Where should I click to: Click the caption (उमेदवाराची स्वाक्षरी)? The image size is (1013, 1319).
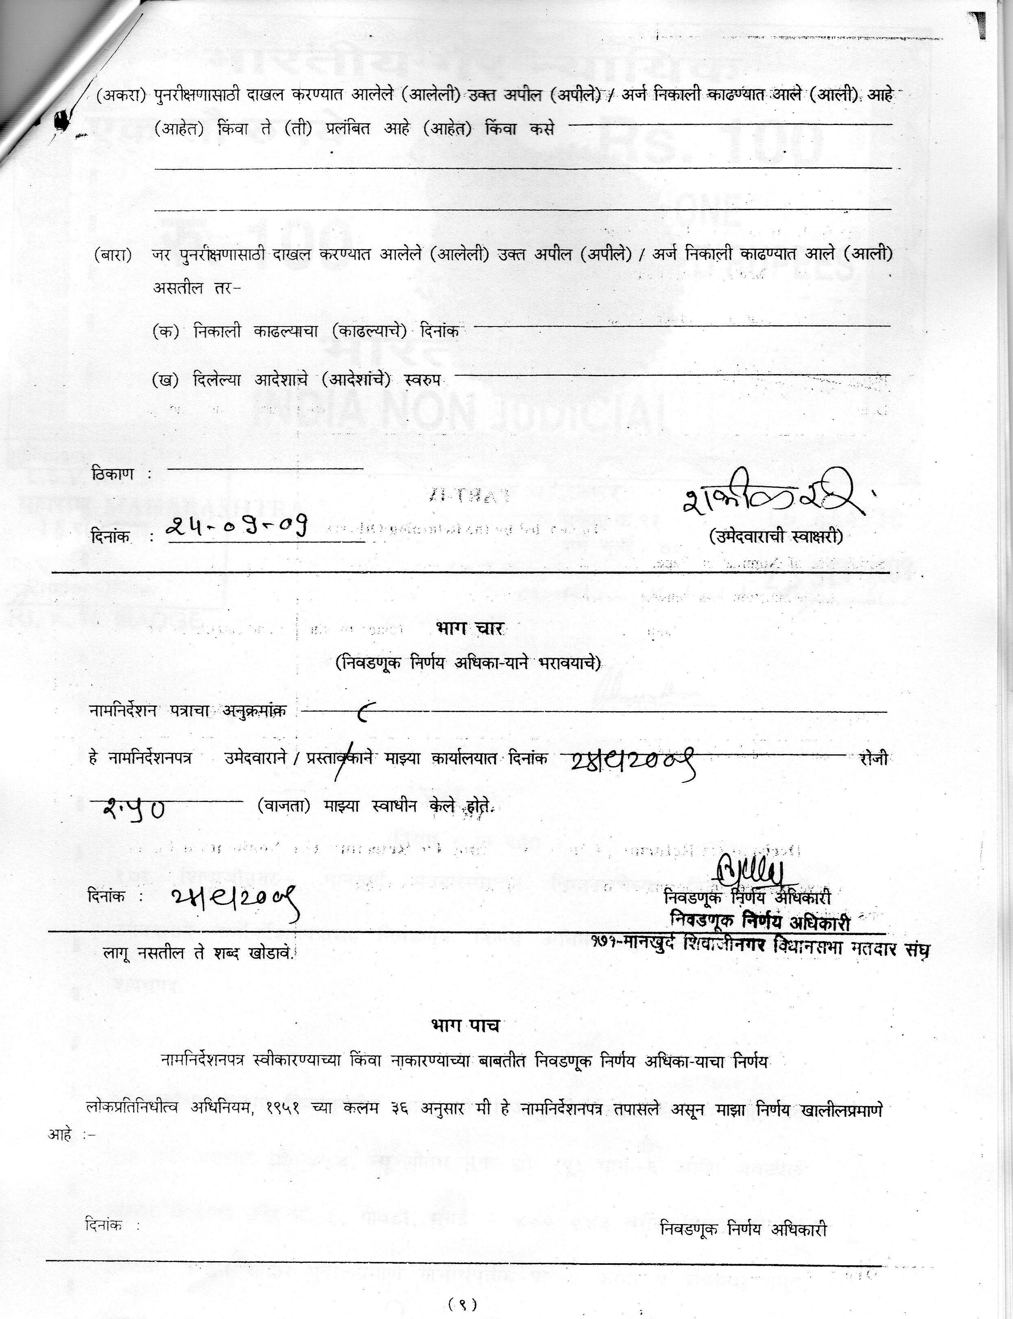pos(776,536)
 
